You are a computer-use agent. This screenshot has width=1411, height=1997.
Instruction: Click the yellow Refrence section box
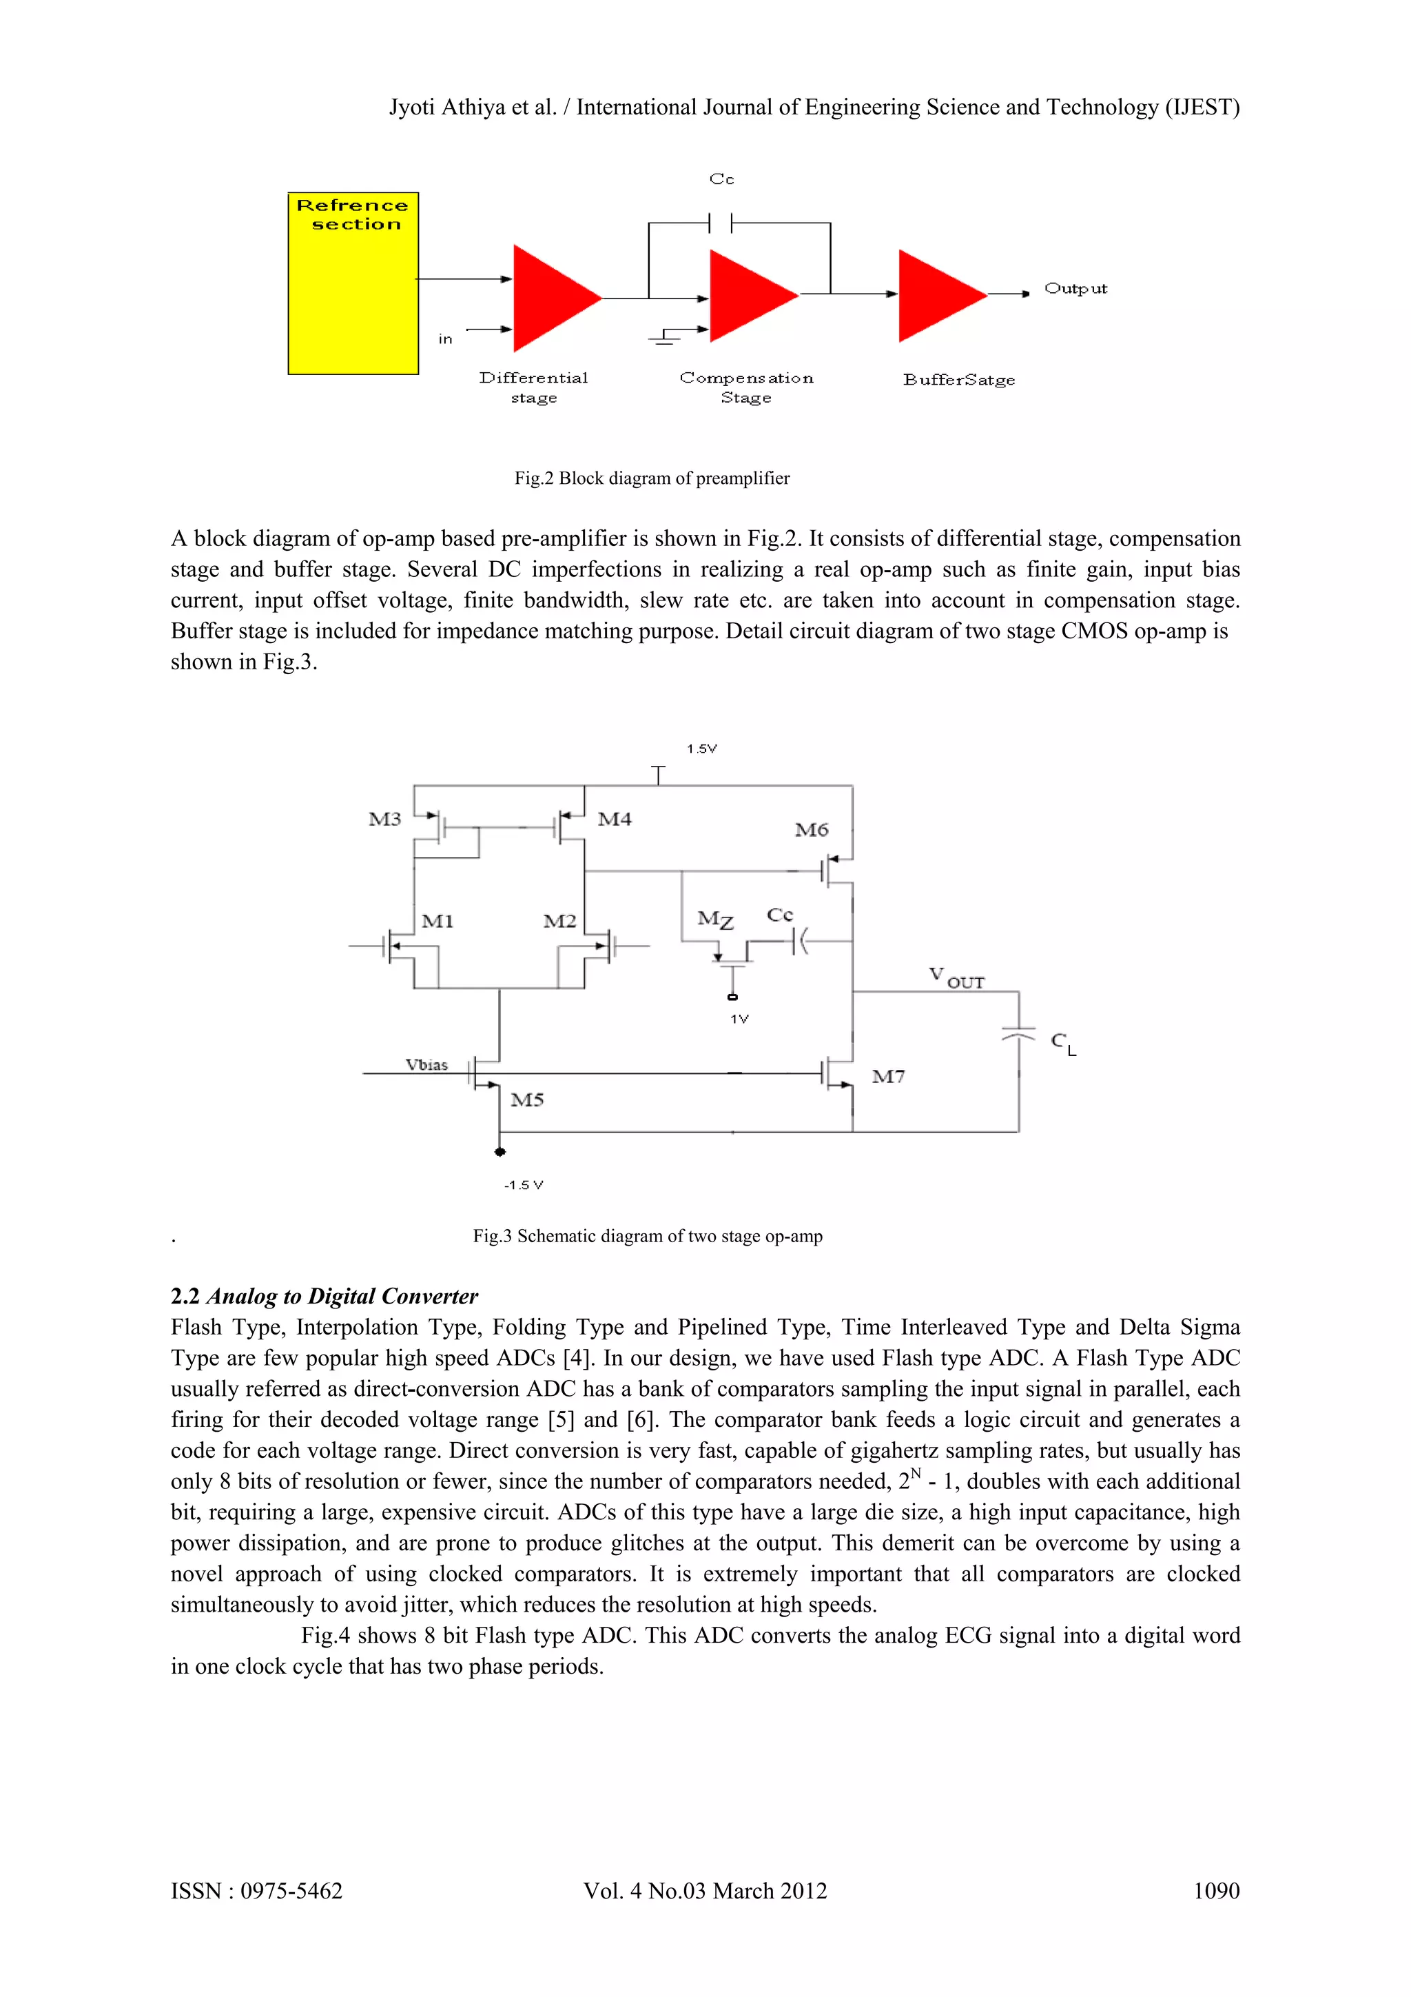point(353,283)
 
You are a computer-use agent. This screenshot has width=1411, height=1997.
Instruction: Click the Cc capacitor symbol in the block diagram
point(721,223)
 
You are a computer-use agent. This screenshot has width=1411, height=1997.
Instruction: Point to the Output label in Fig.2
point(1075,289)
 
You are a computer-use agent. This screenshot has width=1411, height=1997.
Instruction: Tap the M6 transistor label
point(811,830)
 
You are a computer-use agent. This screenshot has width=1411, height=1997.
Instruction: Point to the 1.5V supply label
point(701,749)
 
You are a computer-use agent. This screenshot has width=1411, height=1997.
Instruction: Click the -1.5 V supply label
point(524,1186)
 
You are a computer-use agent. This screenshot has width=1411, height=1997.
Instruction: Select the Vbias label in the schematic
point(426,1064)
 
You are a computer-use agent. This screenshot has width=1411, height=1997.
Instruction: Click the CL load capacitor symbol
point(1019,1035)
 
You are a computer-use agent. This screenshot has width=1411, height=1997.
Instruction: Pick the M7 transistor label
point(887,1077)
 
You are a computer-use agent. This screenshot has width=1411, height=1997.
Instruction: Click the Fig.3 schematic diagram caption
point(647,1236)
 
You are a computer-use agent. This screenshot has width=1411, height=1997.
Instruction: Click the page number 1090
point(1215,1891)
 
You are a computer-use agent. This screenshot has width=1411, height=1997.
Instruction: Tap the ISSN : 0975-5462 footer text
point(256,1891)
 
